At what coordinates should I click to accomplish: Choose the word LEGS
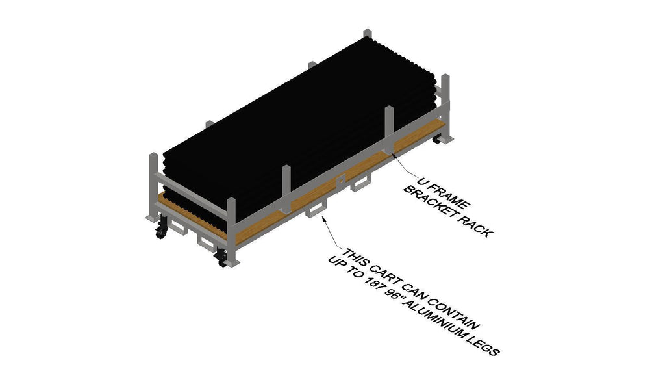coord(484,345)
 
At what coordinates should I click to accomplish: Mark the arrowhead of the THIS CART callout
coord(323,218)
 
